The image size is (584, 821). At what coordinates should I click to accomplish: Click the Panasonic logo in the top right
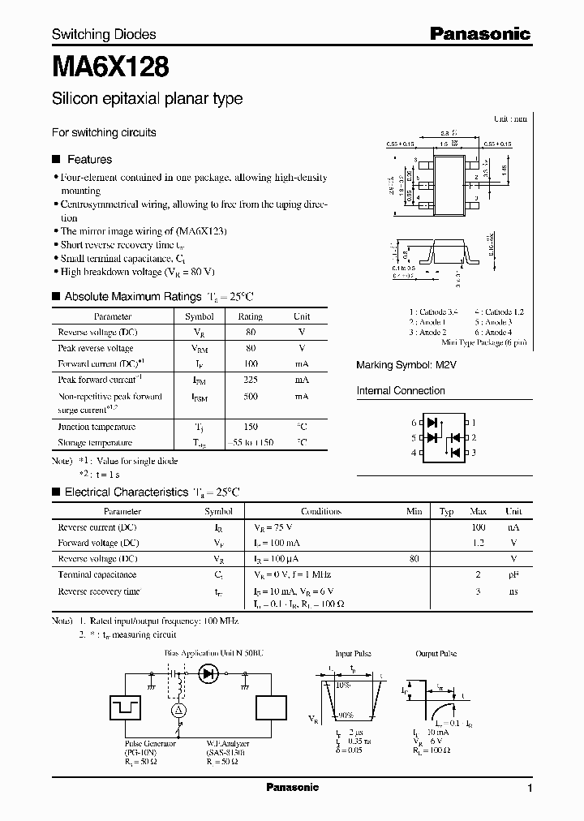(x=479, y=33)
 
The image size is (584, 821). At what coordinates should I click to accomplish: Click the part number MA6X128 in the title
(x=110, y=66)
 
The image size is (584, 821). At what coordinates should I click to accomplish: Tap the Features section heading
(x=89, y=160)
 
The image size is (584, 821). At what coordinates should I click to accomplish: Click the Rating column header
(x=250, y=316)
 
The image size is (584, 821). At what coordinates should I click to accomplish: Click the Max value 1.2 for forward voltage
(x=478, y=543)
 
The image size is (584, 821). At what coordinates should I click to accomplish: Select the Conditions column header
(x=321, y=512)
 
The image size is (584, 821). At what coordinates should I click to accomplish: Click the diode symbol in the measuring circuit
(x=209, y=673)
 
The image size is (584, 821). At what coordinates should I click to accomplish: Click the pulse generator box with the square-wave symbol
(x=126, y=707)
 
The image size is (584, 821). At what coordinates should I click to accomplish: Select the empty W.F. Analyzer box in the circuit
(x=270, y=707)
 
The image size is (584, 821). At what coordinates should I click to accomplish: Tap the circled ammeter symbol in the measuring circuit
(x=181, y=711)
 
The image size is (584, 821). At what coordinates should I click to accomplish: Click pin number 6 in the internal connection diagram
(x=414, y=423)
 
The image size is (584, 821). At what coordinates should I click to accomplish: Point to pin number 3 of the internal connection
(x=474, y=452)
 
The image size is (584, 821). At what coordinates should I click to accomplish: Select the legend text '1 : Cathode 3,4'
(x=434, y=312)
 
